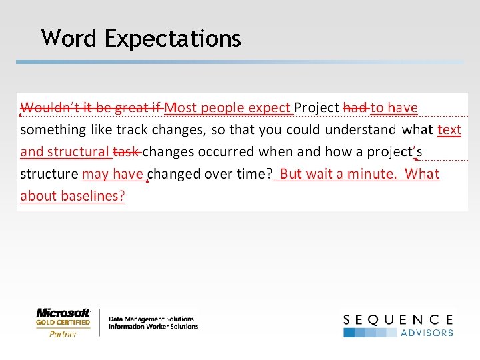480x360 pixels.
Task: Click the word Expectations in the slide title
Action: click(173, 39)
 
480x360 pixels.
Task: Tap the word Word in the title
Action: click(70, 39)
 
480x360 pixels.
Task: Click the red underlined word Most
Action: click(180, 107)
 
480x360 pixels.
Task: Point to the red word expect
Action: click(270, 107)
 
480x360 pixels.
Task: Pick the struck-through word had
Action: click(355, 107)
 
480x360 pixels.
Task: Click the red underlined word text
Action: click(449, 130)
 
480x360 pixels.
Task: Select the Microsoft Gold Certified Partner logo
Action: click(63, 322)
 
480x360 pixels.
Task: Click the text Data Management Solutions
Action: click(151, 319)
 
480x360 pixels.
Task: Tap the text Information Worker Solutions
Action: click(153, 327)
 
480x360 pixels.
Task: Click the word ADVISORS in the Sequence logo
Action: click(427, 333)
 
